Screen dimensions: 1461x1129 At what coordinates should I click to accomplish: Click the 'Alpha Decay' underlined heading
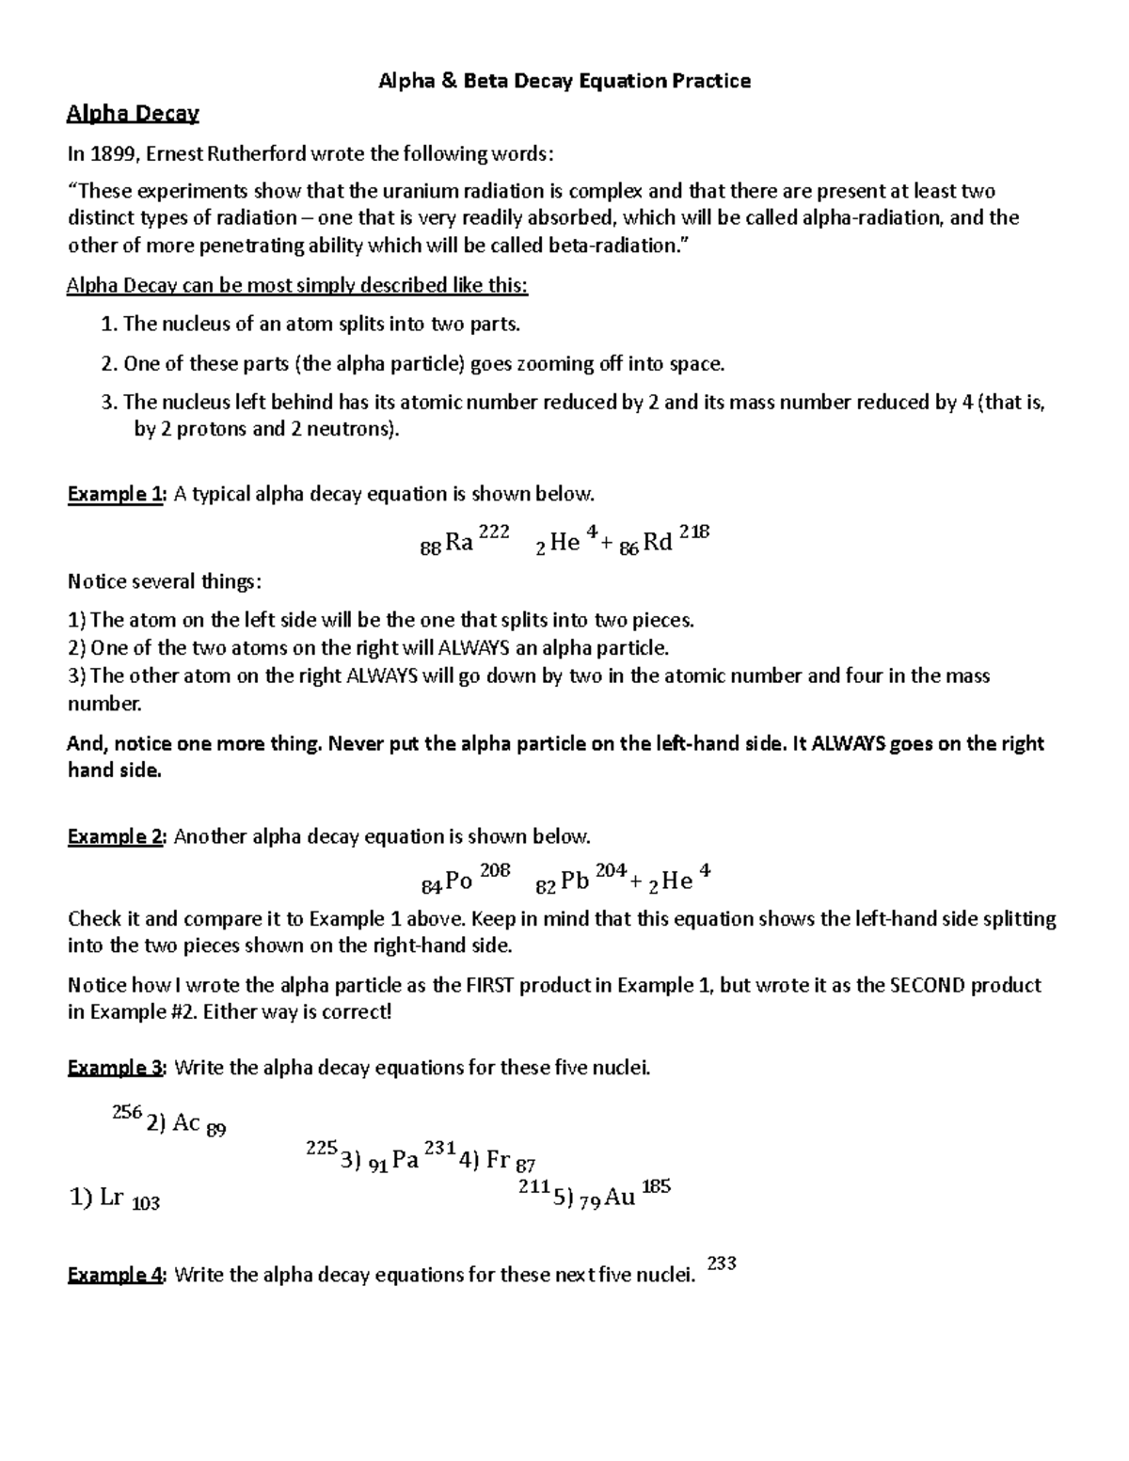pos(133,115)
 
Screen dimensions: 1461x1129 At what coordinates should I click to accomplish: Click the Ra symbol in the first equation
pos(458,542)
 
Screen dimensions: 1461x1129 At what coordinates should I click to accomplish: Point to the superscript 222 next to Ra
pos(494,532)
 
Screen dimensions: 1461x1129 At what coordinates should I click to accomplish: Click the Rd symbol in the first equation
pos(658,542)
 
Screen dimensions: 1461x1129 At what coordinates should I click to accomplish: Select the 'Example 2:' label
pos(117,836)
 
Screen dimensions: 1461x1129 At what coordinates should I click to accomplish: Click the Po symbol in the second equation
pos(458,881)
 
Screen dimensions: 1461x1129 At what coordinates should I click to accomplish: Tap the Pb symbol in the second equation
pos(575,881)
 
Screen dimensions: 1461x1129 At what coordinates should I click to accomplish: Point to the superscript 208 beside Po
pos(495,870)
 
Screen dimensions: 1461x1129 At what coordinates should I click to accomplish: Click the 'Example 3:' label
pos(117,1068)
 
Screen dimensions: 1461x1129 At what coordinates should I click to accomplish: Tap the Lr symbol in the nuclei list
pos(112,1198)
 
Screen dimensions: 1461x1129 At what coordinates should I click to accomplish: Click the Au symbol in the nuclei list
pos(620,1198)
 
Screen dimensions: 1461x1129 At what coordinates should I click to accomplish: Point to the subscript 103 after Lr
pos(146,1203)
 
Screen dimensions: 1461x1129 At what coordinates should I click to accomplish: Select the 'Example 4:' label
pos(117,1275)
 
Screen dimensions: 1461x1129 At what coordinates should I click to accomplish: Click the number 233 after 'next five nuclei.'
pos(721,1263)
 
